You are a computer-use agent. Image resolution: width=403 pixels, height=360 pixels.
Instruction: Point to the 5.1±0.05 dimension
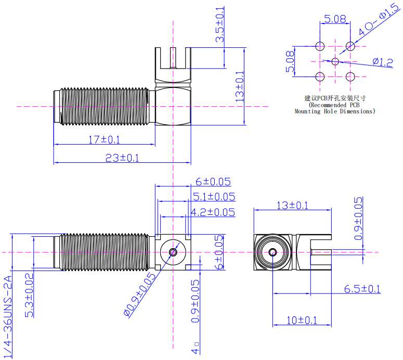214,196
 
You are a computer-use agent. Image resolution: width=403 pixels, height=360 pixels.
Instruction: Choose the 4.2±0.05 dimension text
213,212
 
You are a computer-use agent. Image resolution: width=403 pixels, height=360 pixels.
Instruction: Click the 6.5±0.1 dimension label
362,289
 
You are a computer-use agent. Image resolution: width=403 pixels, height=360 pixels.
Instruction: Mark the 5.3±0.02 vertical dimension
30,295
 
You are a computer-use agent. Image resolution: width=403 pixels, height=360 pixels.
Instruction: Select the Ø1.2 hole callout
382,62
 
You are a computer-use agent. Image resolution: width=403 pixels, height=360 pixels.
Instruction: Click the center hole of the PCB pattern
335,61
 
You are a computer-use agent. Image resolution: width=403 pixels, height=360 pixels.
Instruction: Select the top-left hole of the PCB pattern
320,46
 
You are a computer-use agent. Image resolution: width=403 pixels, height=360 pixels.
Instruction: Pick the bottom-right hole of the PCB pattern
350,76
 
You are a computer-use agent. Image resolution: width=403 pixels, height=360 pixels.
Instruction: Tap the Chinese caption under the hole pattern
335,97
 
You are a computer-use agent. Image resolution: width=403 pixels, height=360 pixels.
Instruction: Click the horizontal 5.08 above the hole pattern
335,20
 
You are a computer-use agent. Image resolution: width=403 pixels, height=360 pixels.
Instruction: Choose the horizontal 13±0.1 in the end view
292,205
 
